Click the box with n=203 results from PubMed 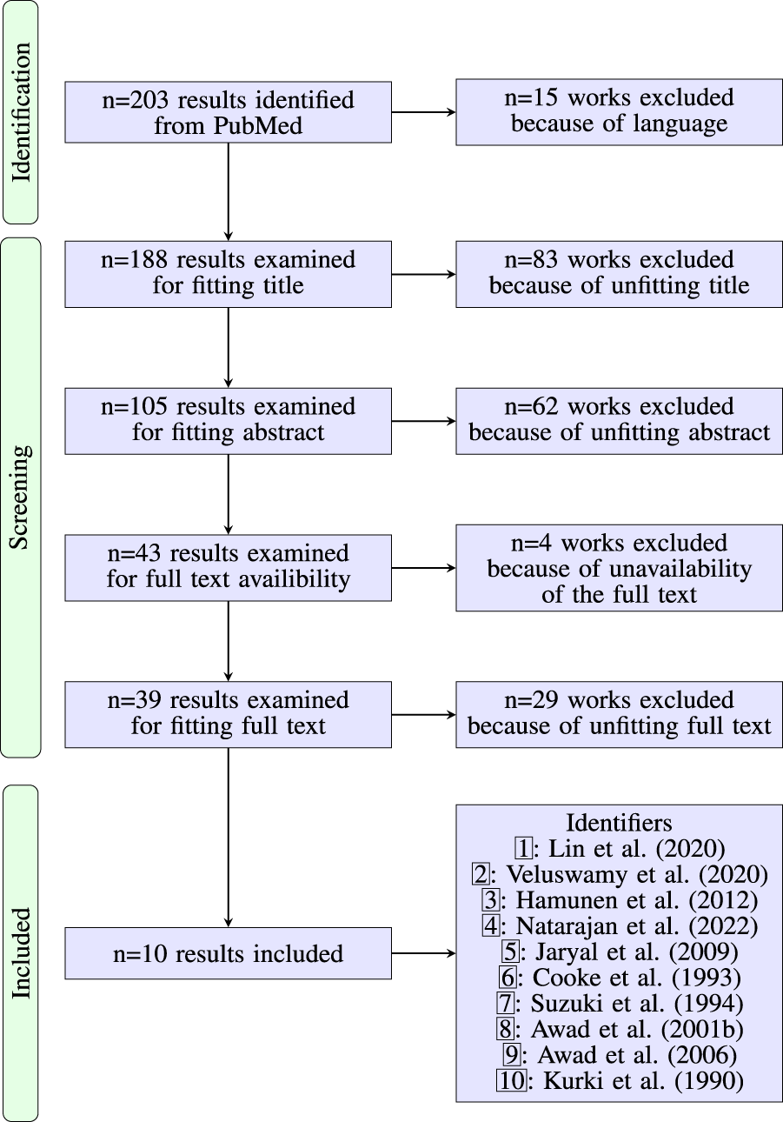228,112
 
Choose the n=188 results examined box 228,274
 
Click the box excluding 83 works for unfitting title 619,274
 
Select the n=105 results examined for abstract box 228,421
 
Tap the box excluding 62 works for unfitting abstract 619,421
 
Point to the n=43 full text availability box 228,567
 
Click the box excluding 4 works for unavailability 619,568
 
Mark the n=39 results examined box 228,714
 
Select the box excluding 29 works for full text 619,714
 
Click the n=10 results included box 228,953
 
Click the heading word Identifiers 619,822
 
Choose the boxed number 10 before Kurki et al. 510,1081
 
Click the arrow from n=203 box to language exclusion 423,112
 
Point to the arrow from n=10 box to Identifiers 423,953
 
